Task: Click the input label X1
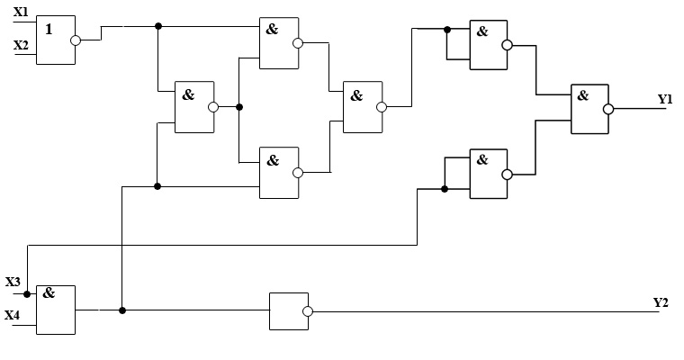click(21, 13)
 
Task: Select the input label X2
click(21, 44)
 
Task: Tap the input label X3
click(13, 282)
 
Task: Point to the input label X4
click(13, 315)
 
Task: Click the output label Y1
click(665, 98)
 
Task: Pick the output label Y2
click(661, 302)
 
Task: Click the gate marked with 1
click(55, 40)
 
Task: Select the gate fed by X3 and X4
click(55, 310)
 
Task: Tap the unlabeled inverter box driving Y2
click(288, 311)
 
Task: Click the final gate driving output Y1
click(589, 109)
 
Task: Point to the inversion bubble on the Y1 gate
click(608, 109)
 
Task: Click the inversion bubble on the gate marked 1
click(76, 40)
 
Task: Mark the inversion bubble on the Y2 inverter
click(309, 311)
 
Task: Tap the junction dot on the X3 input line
click(28, 293)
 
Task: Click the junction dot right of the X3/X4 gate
click(121, 310)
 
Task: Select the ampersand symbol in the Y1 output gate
click(583, 95)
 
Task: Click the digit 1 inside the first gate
click(49, 29)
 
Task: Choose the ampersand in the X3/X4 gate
click(49, 293)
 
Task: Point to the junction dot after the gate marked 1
click(157, 26)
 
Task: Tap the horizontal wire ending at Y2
click(486, 311)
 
